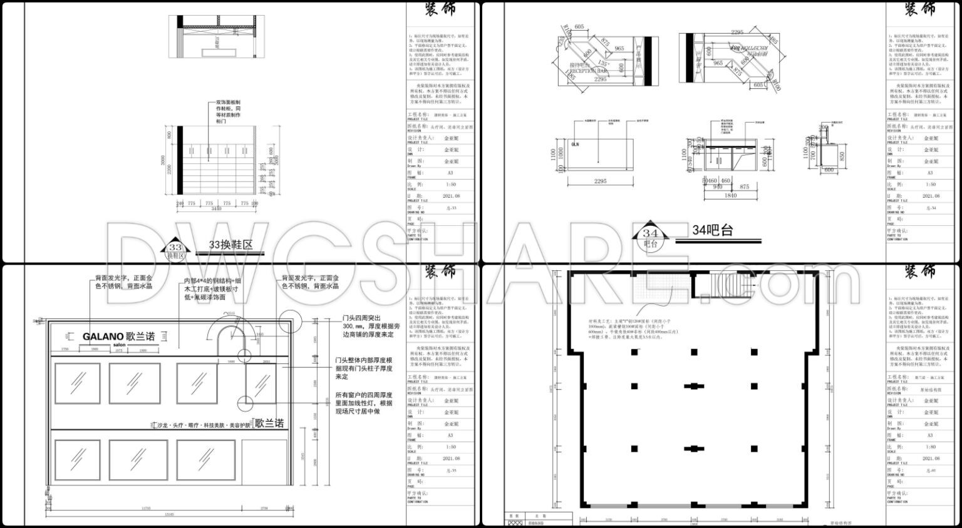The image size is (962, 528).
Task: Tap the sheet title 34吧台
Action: point(712,230)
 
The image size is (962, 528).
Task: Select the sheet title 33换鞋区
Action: point(232,246)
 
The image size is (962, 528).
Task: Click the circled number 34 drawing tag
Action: point(650,234)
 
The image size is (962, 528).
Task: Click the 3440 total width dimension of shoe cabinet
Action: point(216,209)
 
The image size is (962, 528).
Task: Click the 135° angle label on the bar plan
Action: point(603,63)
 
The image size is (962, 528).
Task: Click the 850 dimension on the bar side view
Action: point(843,156)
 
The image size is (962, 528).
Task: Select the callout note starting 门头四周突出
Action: point(365,326)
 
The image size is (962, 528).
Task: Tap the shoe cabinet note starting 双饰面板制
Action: point(229,112)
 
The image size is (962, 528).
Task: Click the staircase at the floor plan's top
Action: point(722,286)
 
